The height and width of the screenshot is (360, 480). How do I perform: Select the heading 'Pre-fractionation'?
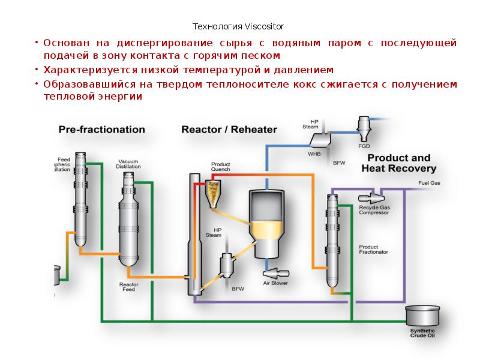(101, 129)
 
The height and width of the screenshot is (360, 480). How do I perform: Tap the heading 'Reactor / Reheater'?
(229, 129)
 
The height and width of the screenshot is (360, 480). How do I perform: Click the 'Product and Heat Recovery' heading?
(398, 163)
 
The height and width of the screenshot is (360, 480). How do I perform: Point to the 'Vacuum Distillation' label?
(128, 164)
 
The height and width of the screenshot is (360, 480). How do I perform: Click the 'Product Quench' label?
(221, 166)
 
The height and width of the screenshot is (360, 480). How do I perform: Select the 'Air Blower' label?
(275, 281)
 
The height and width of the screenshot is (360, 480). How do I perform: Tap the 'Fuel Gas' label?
(429, 182)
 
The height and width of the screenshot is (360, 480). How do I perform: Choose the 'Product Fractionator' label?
(373, 249)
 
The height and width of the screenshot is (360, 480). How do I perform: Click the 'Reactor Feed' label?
(129, 286)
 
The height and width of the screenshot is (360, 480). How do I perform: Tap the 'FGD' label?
(364, 145)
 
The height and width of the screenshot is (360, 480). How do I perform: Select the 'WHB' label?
(314, 153)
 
